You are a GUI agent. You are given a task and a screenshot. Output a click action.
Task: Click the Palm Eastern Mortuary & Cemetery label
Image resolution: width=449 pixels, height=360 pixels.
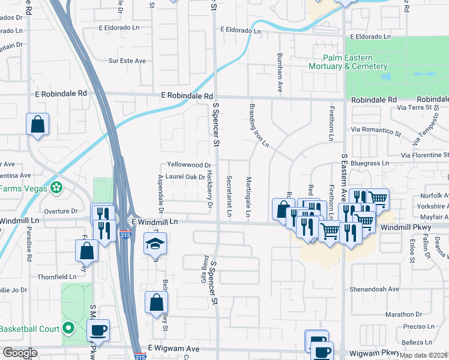click(x=348, y=62)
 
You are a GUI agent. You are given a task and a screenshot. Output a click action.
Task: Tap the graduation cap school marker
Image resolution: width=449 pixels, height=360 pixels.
click(x=155, y=244)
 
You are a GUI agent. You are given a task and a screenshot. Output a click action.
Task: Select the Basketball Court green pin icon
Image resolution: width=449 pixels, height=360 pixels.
click(x=68, y=328)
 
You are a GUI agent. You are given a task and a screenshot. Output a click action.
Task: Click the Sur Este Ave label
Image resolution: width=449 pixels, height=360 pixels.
click(x=127, y=61)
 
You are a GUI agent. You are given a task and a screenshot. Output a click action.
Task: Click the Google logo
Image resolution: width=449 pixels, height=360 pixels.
click(x=20, y=352)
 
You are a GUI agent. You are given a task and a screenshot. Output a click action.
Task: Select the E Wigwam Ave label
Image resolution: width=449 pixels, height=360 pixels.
click(x=173, y=349)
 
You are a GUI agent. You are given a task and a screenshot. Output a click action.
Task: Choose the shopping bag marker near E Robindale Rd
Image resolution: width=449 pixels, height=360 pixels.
click(x=37, y=125)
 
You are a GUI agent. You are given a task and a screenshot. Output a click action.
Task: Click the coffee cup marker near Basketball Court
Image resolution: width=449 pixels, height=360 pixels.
click(x=98, y=330)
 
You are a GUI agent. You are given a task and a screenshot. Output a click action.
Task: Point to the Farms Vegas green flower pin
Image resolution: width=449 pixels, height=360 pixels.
click(x=56, y=187)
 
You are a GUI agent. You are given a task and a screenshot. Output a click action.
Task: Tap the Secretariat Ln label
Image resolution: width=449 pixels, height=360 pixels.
click(x=229, y=196)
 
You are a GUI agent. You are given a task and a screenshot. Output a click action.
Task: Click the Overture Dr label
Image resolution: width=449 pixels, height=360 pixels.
click(x=62, y=211)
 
